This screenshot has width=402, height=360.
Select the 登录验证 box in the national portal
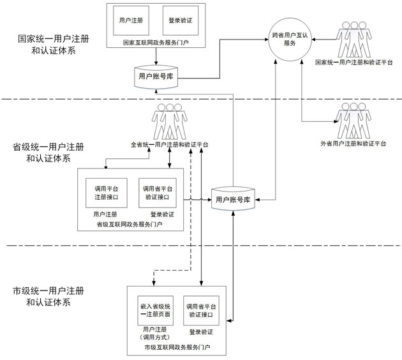click(x=181, y=20)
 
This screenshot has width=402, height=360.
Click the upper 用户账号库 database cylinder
click(x=156, y=75)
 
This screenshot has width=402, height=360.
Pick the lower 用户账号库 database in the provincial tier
click(x=232, y=200)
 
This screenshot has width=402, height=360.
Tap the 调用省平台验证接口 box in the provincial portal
click(x=157, y=193)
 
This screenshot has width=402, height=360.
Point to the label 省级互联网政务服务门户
click(x=130, y=224)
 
